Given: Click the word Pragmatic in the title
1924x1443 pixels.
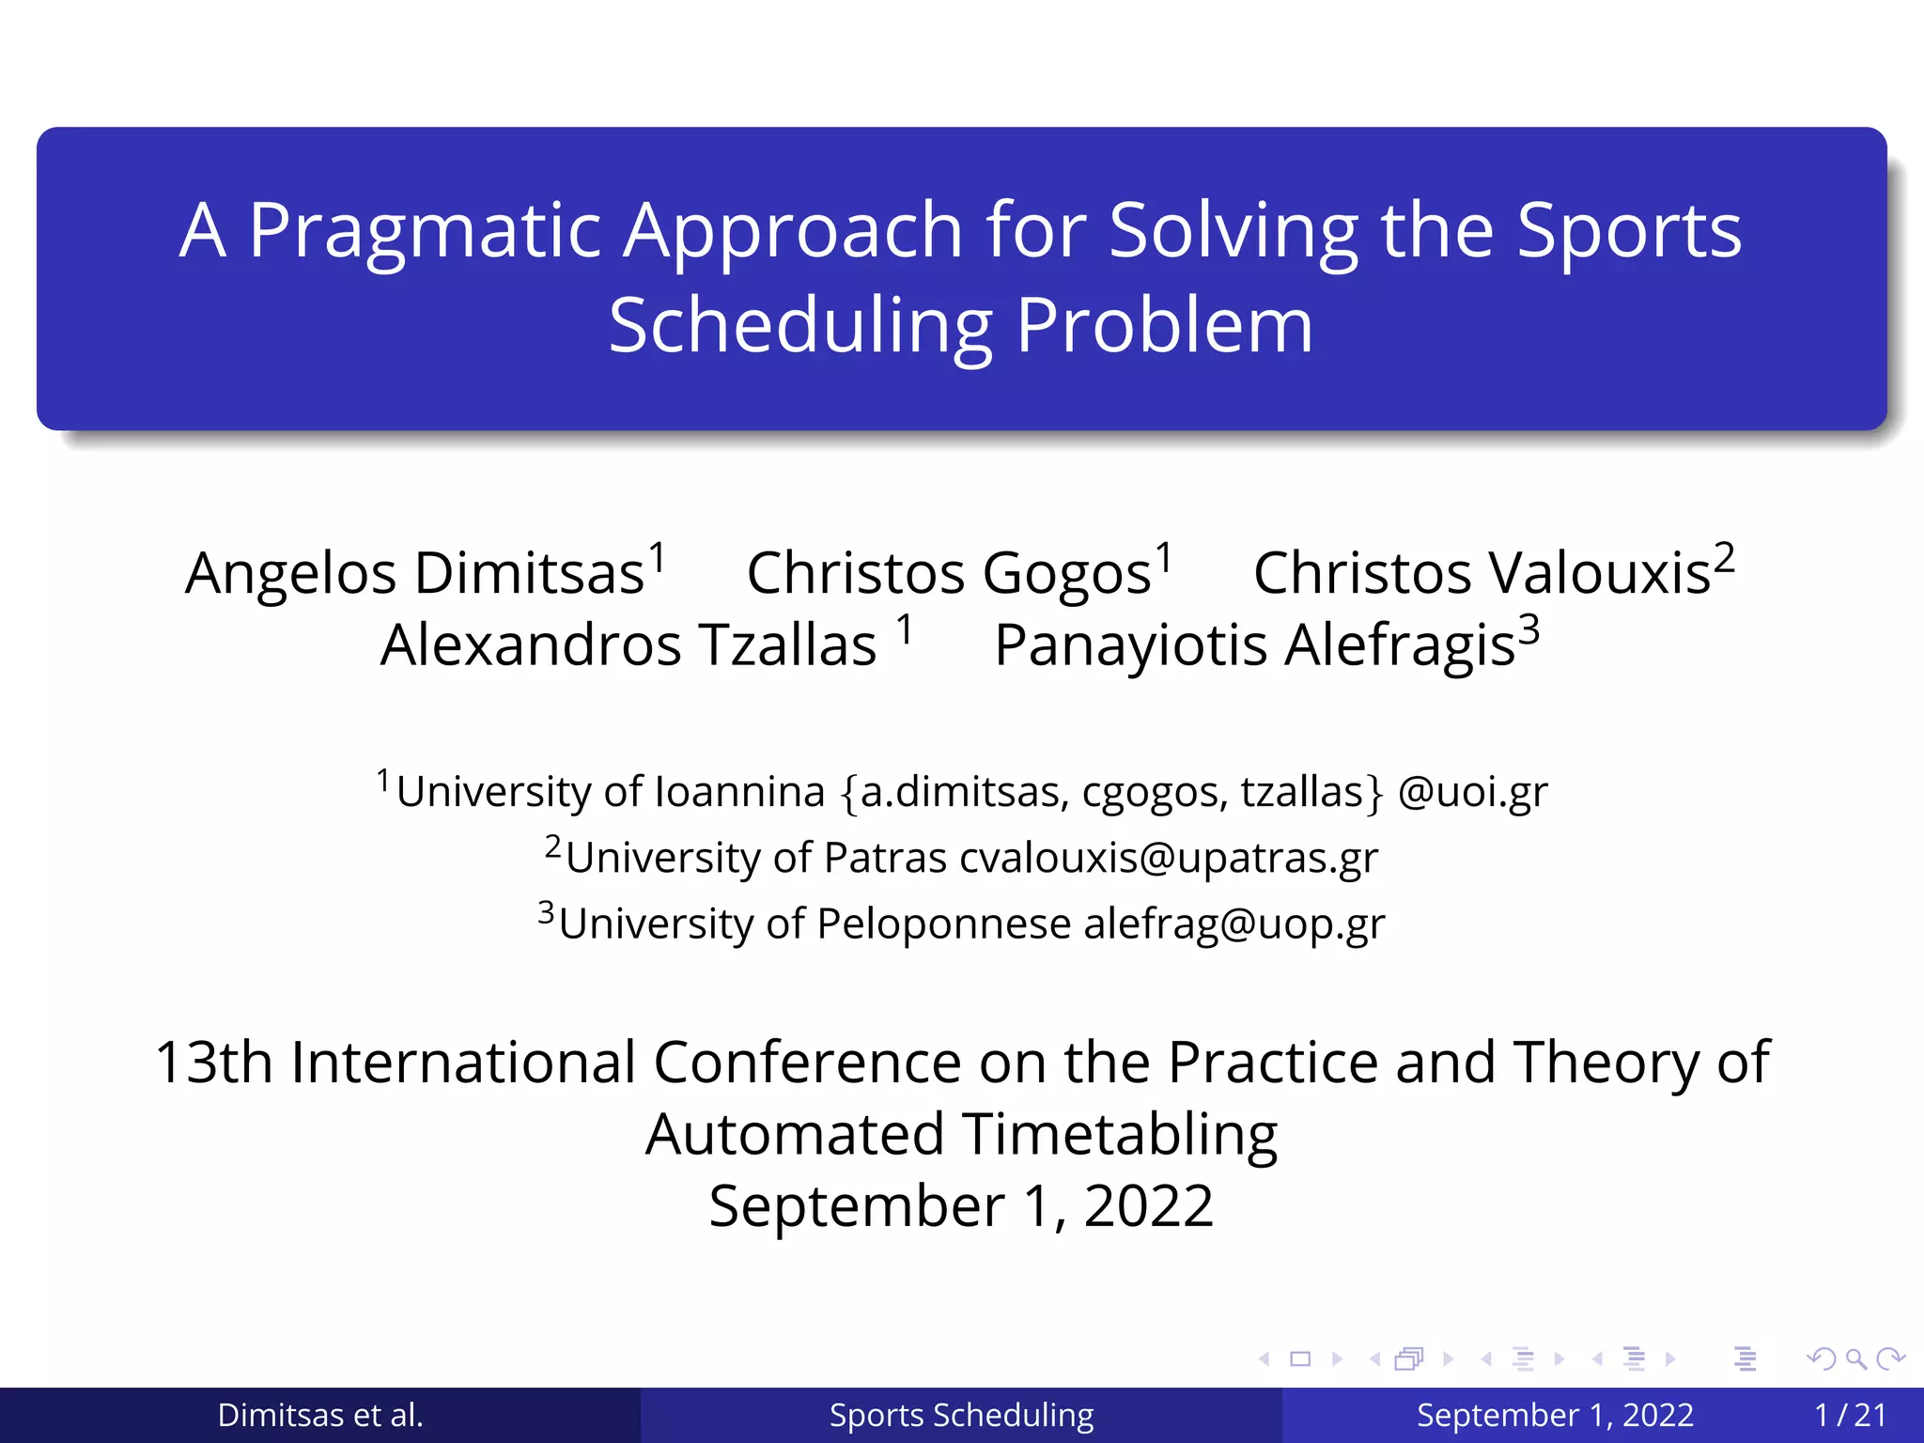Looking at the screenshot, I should [425, 231].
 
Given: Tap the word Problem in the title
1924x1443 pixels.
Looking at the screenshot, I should [1164, 326].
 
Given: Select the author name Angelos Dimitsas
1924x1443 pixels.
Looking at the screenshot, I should [414, 573].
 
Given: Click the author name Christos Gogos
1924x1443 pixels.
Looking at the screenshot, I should [948, 573].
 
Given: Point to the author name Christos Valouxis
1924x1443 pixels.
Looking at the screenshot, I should [1482, 573].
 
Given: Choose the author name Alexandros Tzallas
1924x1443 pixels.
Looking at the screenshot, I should [628, 645].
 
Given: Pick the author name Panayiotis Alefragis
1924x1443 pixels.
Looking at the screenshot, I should [1254, 645].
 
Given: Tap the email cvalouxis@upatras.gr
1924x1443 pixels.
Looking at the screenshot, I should [1168, 858].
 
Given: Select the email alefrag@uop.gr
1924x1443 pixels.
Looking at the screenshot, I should [1234, 923].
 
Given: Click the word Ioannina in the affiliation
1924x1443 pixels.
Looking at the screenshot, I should [739, 791].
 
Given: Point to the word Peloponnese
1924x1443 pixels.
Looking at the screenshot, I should [943, 923].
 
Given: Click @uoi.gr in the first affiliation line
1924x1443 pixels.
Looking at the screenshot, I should [1472, 791].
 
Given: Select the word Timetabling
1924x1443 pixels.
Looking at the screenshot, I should [1119, 1134].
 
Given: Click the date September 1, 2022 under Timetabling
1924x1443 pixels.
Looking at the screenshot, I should [961, 1205].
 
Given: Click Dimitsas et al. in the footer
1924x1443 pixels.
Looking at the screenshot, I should [320, 1415].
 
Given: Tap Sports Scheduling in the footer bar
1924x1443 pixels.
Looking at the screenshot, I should [961, 1415].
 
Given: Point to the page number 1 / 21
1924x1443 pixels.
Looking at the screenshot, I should [1850, 1415].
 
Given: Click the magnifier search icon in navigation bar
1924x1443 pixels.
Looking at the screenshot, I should [1855, 1358].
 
